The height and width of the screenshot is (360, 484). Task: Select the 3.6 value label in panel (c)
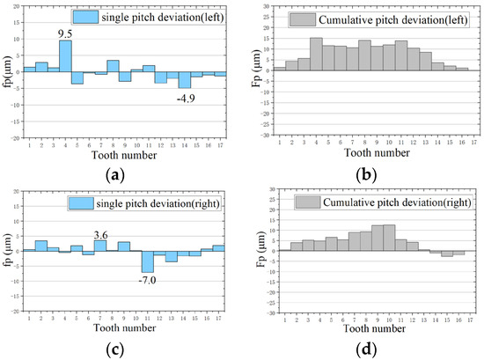click(x=101, y=233)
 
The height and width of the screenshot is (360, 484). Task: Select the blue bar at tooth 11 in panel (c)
click(x=148, y=261)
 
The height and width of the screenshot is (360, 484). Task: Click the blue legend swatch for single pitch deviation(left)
click(x=86, y=17)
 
